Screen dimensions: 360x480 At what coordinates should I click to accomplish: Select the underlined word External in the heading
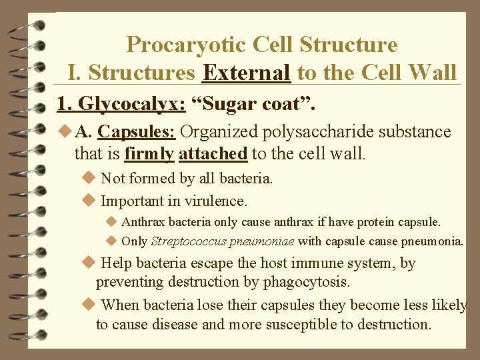pyautogui.click(x=246, y=72)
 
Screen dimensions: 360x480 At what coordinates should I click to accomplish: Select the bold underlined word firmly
pyautogui.click(x=149, y=154)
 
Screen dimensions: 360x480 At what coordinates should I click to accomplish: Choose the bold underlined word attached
pyautogui.click(x=213, y=154)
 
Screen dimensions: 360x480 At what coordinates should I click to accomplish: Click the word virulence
pyautogui.click(x=213, y=200)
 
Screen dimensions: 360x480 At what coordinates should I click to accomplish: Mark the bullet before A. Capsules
pyautogui.click(x=64, y=132)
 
